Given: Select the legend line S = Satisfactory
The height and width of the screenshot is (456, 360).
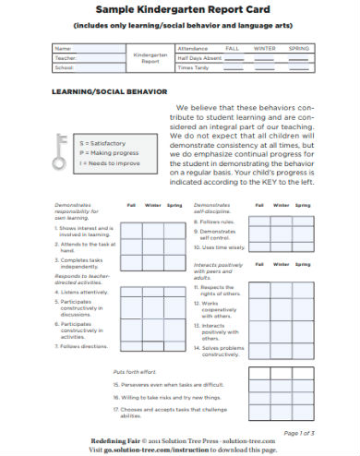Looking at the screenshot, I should [103, 143].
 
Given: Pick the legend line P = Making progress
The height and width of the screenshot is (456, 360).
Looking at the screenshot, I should [107, 152].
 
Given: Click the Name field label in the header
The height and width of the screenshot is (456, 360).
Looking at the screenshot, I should [63, 47].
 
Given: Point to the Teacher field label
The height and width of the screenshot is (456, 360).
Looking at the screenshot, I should [66, 57].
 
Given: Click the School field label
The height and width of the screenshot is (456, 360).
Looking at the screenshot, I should [65, 67].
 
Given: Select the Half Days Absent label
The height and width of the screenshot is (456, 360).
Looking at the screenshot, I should [200, 57].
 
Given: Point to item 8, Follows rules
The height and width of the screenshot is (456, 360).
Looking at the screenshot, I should [217, 222].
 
